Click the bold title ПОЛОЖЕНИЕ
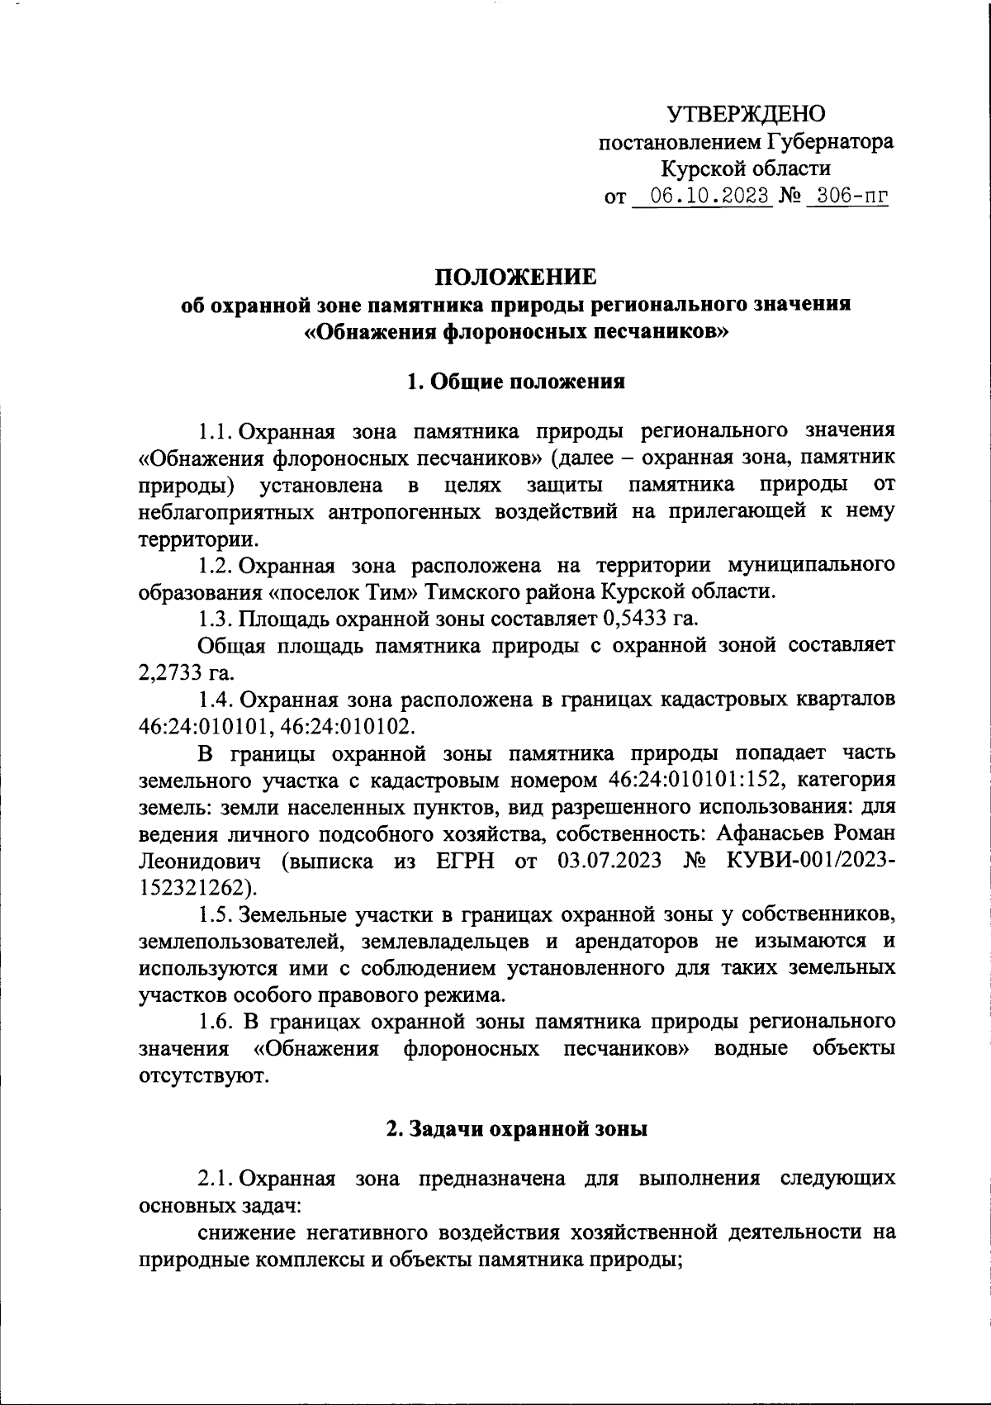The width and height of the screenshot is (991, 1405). tap(515, 276)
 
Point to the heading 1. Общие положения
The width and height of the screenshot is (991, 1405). tap(515, 382)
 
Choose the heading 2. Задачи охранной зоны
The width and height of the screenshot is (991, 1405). tap(517, 1129)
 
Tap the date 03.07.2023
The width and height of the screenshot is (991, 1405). tap(609, 862)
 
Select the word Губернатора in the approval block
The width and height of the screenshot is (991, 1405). tap(830, 141)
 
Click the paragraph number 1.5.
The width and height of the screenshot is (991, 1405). tap(217, 915)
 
